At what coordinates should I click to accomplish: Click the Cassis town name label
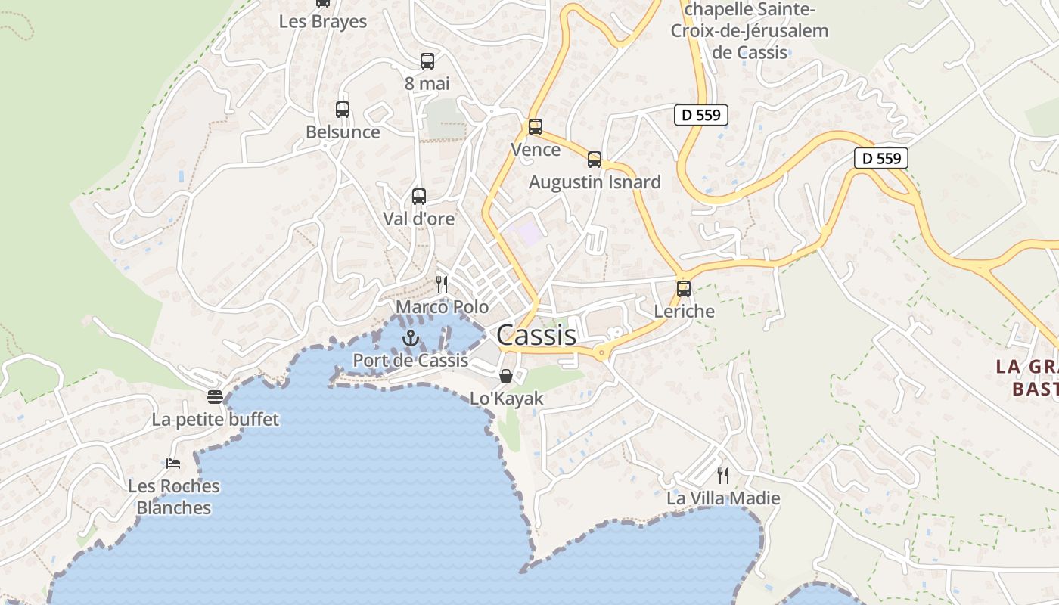pyautogui.click(x=536, y=335)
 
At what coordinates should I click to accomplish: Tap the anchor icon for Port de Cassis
pyautogui.click(x=411, y=338)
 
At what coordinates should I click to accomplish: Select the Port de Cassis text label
pyautogui.click(x=411, y=361)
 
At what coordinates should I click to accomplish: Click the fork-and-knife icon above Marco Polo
pyautogui.click(x=442, y=284)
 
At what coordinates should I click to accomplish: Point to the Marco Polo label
pyautogui.click(x=443, y=307)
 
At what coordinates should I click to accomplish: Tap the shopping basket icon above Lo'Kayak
pyautogui.click(x=506, y=375)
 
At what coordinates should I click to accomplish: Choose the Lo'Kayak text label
pyautogui.click(x=507, y=398)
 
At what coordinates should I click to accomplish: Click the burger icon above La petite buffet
pyautogui.click(x=215, y=396)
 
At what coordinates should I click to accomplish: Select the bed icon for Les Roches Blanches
pyautogui.click(x=173, y=463)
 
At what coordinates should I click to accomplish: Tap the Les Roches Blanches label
pyautogui.click(x=174, y=496)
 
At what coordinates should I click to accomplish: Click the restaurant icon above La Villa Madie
pyautogui.click(x=723, y=476)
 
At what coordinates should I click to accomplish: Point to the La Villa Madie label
pyautogui.click(x=723, y=498)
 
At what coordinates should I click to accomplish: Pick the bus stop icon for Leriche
pyautogui.click(x=684, y=288)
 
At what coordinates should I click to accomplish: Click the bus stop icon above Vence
pyautogui.click(x=536, y=126)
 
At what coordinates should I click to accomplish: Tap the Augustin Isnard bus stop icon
pyautogui.click(x=595, y=159)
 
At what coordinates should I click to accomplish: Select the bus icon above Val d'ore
pyautogui.click(x=419, y=196)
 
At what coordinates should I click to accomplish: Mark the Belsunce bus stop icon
pyautogui.click(x=343, y=109)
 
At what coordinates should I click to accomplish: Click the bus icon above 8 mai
pyautogui.click(x=427, y=60)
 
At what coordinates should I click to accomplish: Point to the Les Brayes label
pyautogui.click(x=323, y=21)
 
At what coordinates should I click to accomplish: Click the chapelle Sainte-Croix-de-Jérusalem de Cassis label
pyautogui.click(x=750, y=31)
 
